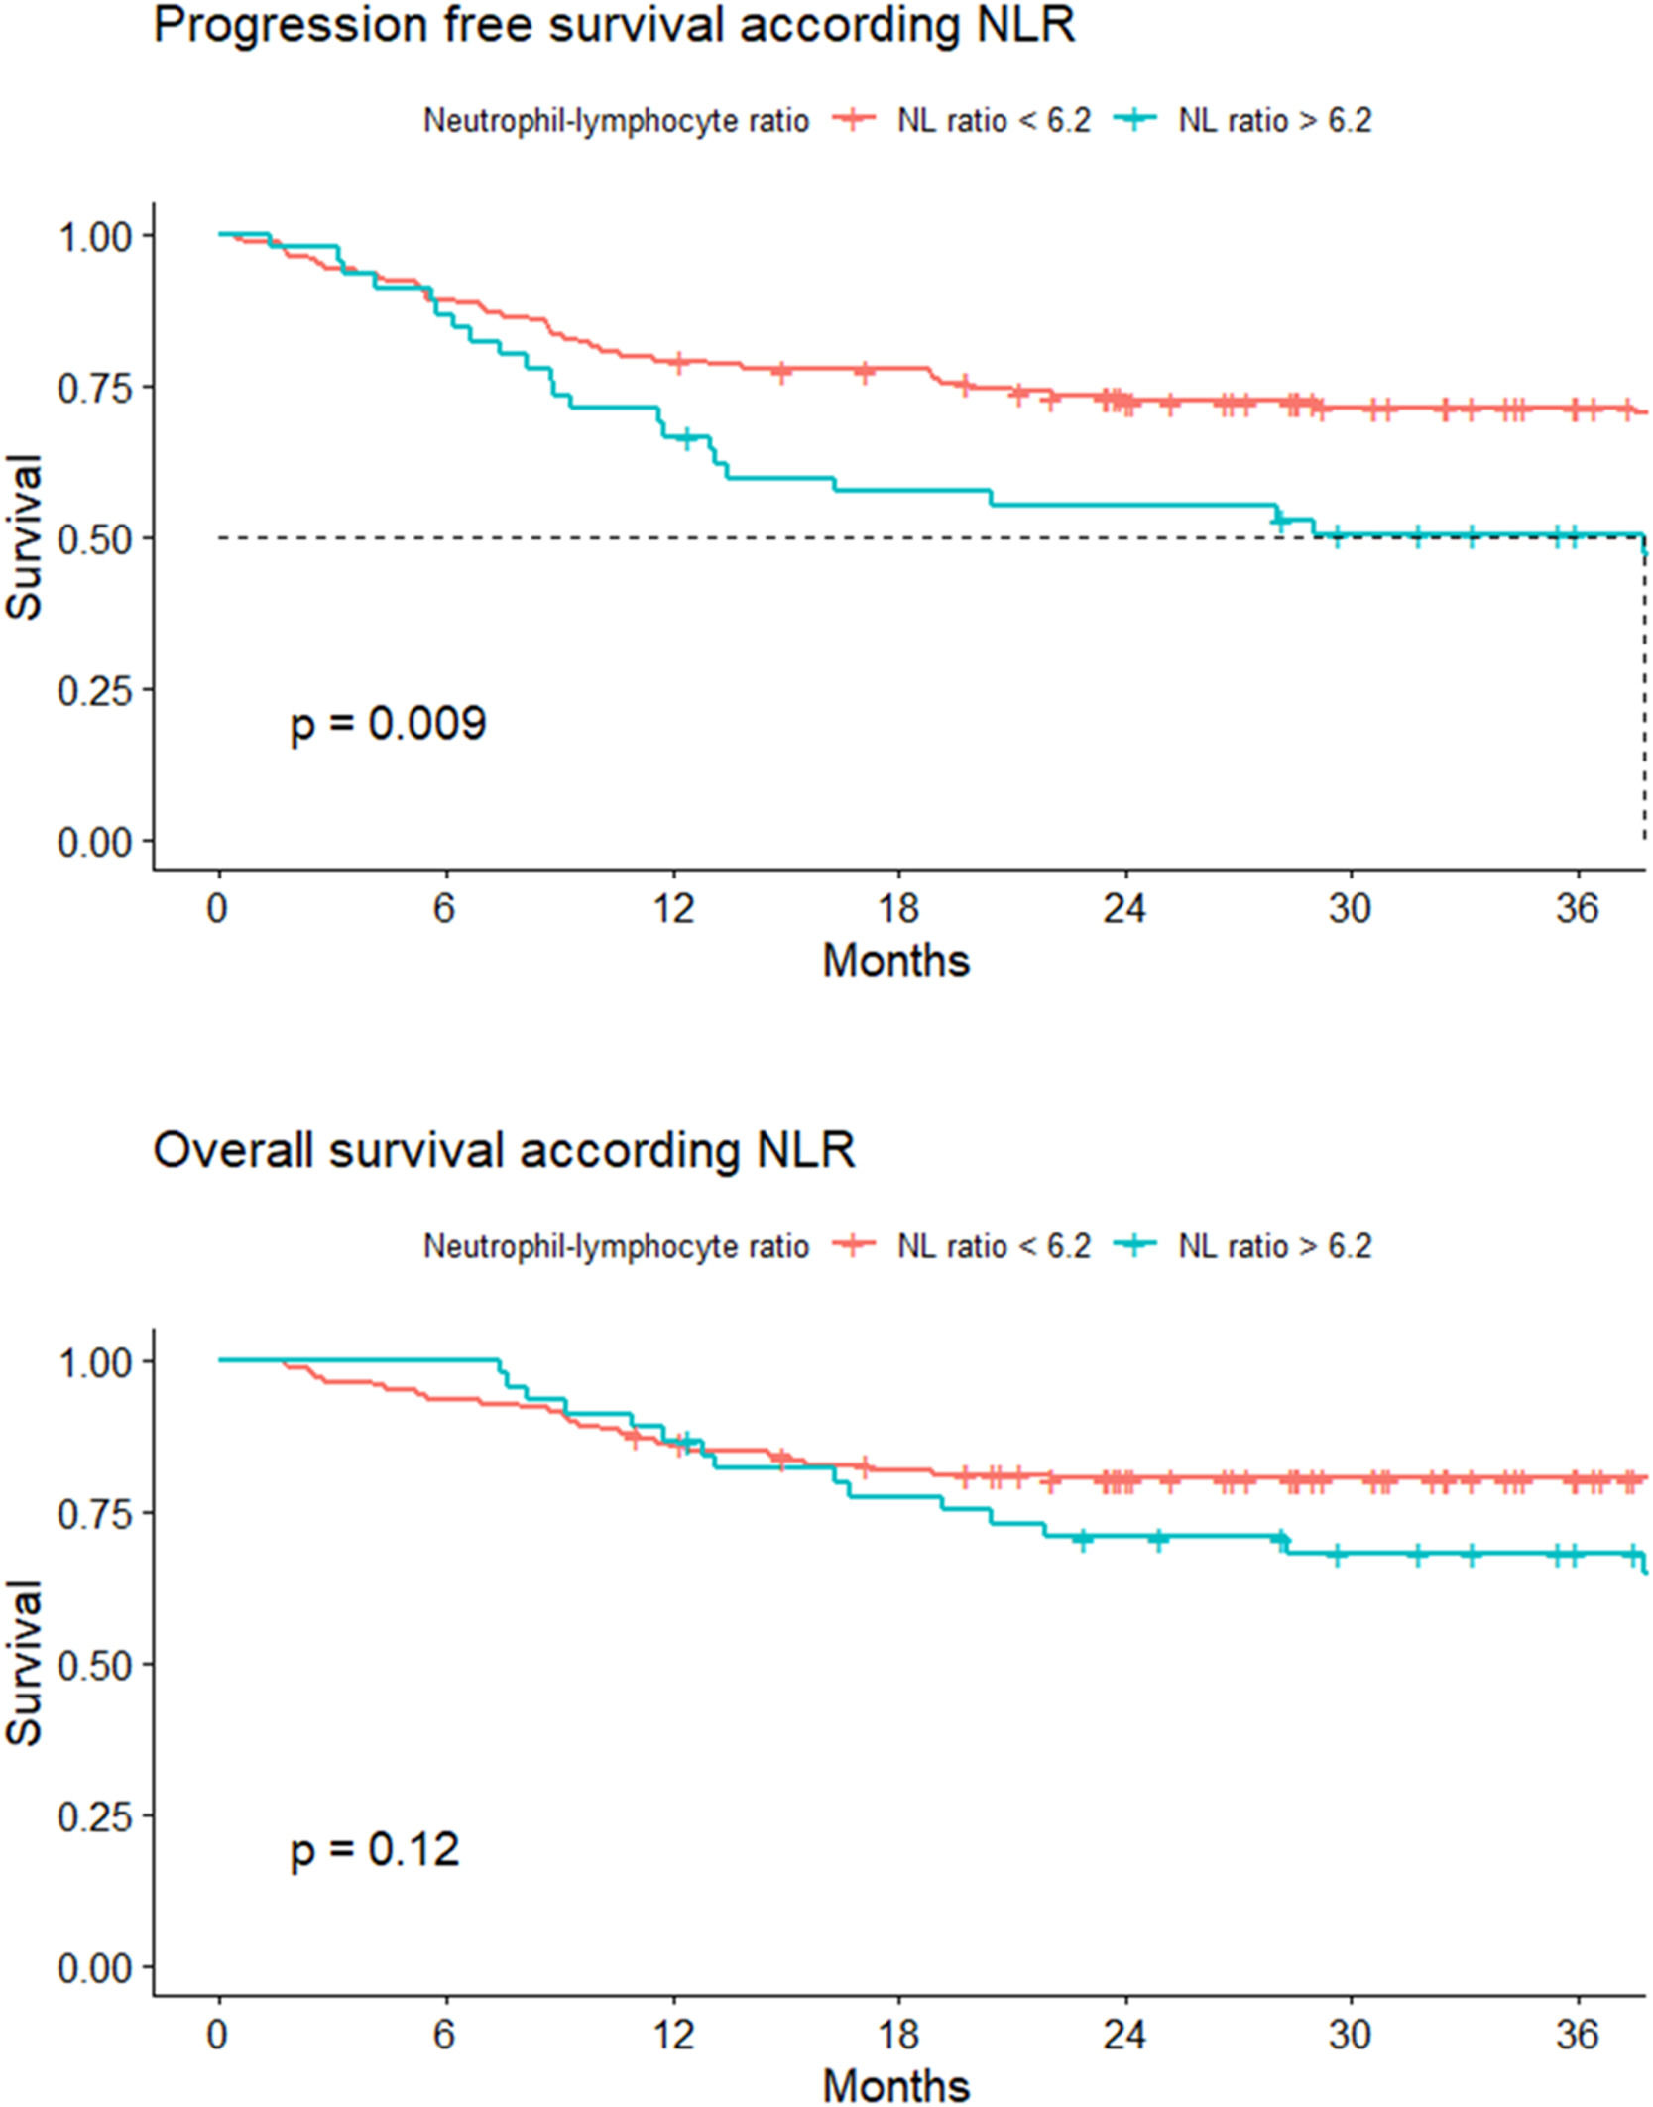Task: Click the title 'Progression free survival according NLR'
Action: point(614,25)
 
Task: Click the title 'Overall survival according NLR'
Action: point(504,1151)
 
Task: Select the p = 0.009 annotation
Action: point(388,723)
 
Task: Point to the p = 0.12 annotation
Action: point(375,1849)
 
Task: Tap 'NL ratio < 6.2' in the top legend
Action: point(994,120)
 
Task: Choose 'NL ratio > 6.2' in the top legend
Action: point(1274,120)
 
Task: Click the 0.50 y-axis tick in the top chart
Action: point(94,538)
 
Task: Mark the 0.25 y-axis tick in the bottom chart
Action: point(94,1815)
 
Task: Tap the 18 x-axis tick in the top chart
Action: point(898,907)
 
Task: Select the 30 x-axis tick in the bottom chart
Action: point(1350,2034)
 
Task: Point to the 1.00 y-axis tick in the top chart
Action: point(94,237)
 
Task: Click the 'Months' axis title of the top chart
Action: point(896,960)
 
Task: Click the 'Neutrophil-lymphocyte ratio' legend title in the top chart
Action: point(616,120)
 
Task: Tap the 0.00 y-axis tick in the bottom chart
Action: point(94,1968)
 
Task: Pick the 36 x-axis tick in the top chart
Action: point(1577,907)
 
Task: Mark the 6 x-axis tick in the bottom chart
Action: point(444,2034)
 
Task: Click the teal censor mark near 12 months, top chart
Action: point(686,438)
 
